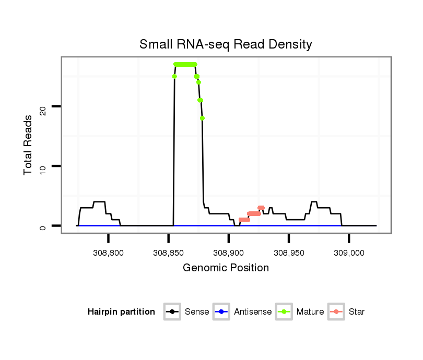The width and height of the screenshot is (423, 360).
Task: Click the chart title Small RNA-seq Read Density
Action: coord(226,44)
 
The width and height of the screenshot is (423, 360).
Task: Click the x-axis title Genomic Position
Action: coord(226,268)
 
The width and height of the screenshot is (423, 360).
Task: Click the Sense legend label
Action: coord(197,312)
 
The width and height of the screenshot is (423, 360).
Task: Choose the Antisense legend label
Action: coord(253,312)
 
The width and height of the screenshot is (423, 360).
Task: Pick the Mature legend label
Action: coord(310,312)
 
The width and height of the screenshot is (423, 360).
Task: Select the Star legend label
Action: coord(358,312)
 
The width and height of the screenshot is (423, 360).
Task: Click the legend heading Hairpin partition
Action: coord(121,312)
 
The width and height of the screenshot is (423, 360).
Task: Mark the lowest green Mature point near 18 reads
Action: coord(202,118)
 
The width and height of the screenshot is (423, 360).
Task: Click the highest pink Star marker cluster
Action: coord(261,208)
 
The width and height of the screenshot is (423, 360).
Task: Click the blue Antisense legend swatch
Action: coord(222,312)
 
